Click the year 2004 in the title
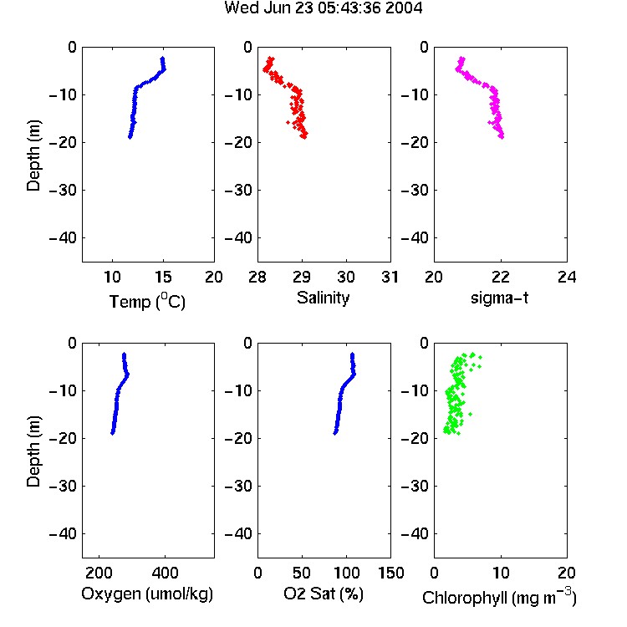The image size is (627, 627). click(x=404, y=8)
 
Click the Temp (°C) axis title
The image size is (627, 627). click(x=147, y=301)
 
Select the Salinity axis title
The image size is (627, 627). click(x=323, y=298)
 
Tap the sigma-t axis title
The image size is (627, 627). click(x=499, y=298)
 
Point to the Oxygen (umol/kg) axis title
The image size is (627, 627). click(x=147, y=594)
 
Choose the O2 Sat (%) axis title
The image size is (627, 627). click(x=323, y=594)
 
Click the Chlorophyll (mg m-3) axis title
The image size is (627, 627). click(x=499, y=596)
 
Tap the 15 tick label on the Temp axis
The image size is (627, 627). click(x=163, y=277)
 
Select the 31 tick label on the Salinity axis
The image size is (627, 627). click(x=390, y=277)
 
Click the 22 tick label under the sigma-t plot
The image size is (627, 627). click(x=500, y=277)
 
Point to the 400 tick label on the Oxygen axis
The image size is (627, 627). click(x=165, y=573)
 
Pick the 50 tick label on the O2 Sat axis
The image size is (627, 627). click(x=302, y=573)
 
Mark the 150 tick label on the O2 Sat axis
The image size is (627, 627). click(x=391, y=573)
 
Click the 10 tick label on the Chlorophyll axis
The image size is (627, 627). click(x=500, y=573)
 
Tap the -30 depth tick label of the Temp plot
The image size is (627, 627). click(x=63, y=190)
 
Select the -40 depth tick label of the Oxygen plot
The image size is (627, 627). click(x=63, y=533)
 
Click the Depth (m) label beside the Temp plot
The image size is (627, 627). click(x=33, y=155)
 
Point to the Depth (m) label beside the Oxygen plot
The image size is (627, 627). click(x=33, y=451)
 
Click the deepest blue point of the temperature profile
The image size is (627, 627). click(x=130, y=137)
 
